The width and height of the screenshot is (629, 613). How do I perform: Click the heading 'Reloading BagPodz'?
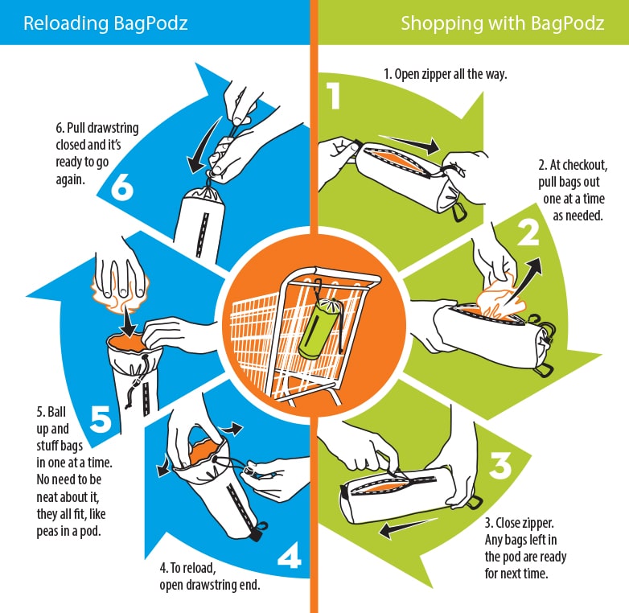click(x=105, y=23)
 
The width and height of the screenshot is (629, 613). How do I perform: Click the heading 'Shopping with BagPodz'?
click(x=503, y=23)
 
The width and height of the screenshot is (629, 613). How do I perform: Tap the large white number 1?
click(x=334, y=96)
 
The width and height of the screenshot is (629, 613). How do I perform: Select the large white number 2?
click(x=528, y=232)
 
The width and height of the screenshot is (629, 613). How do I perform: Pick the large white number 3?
click(x=500, y=465)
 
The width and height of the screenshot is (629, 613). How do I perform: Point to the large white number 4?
click(x=290, y=555)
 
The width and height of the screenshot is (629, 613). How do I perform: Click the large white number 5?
click(x=101, y=418)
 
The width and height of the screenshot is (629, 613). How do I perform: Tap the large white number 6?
click(x=122, y=187)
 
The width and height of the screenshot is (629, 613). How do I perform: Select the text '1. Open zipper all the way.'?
click(x=446, y=74)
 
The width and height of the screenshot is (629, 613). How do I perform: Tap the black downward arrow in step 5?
click(x=129, y=321)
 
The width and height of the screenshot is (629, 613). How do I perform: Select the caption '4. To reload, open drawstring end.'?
click(x=210, y=576)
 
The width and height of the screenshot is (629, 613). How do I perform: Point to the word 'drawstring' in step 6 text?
click(x=113, y=128)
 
